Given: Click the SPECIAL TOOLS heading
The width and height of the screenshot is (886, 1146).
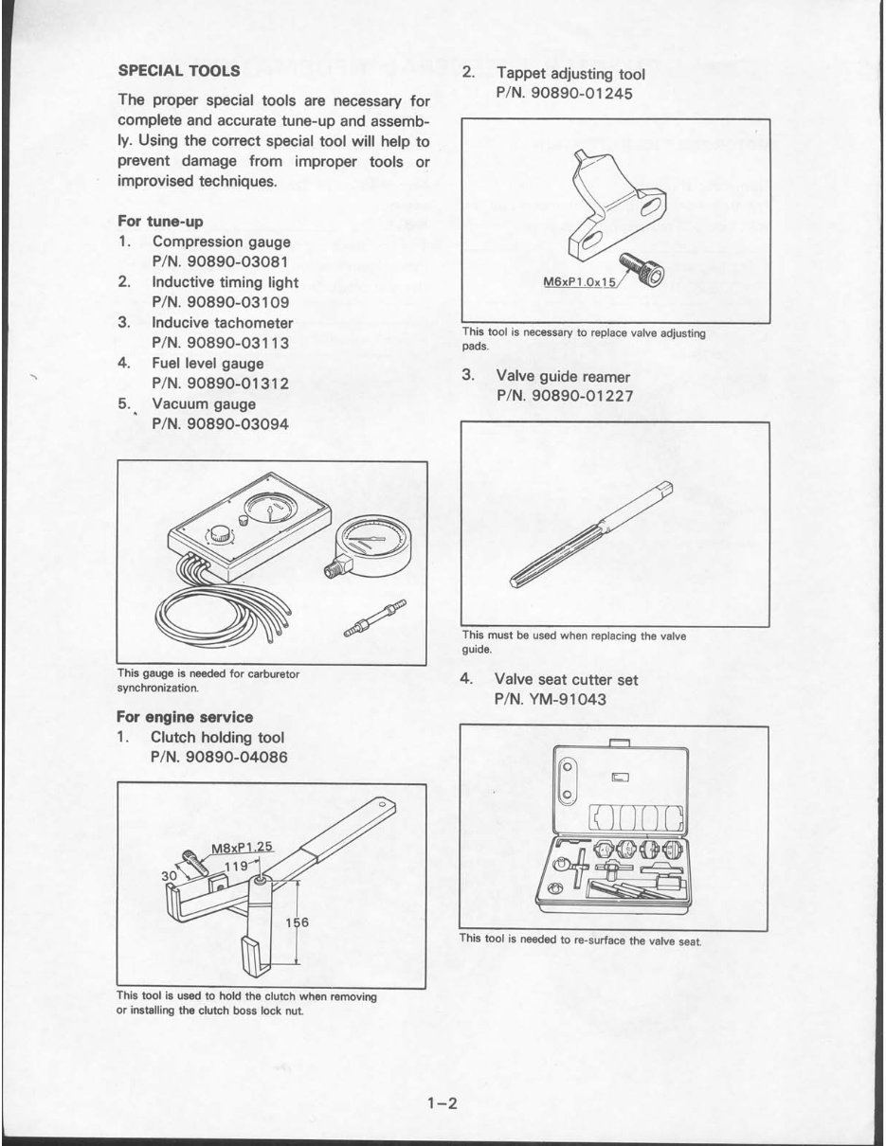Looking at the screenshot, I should click(179, 70).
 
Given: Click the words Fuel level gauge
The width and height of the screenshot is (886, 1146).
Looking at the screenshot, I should click(208, 364).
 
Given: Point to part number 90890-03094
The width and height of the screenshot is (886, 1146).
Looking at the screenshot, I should click(220, 424).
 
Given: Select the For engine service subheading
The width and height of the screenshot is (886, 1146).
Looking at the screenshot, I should click(184, 717).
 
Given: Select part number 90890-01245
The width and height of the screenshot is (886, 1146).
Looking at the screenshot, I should click(564, 94).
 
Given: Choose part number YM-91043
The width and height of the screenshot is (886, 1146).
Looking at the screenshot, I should click(550, 700).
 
